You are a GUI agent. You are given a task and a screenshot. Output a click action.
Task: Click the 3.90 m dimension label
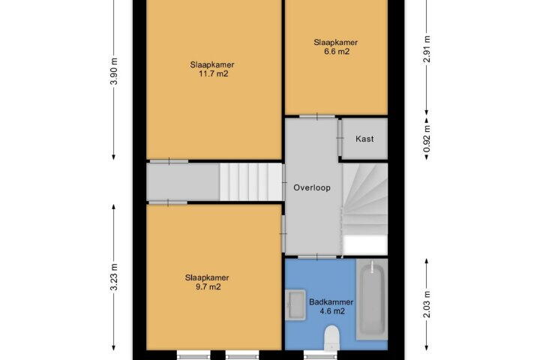pyautogui.click(x=115, y=72)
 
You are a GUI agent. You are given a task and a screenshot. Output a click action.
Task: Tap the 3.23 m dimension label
pyautogui.click(x=115, y=277)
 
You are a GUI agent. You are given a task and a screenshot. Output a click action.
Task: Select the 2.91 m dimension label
pyautogui.click(x=427, y=49)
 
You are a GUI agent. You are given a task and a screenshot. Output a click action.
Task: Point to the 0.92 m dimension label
pyautogui.click(x=427, y=139)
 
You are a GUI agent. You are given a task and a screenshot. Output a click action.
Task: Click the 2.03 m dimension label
pyautogui.click(x=427, y=304)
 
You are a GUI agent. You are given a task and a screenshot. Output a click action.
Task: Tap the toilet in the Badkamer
pyautogui.click(x=333, y=338)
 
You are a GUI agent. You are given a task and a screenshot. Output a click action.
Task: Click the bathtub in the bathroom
pyautogui.click(x=372, y=299)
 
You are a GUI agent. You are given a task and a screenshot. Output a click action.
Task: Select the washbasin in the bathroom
pyautogui.click(x=295, y=305)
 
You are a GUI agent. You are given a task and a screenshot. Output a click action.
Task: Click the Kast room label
pyautogui.click(x=364, y=139)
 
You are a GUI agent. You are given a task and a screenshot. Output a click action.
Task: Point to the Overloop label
pyautogui.click(x=312, y=187)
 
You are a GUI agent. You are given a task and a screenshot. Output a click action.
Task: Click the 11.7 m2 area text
pyautogui.click(x=214, y=73)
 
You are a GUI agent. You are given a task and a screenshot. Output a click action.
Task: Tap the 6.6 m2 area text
pyautogui.click(x=337, y=52)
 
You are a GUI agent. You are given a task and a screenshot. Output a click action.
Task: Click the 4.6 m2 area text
pyautogui.click(x=332, y=311)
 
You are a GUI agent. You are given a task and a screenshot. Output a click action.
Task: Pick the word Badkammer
pyautogui.click(x=331, y=302)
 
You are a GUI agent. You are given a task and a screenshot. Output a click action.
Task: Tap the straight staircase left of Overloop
pyautogui.click(x=251, y=182)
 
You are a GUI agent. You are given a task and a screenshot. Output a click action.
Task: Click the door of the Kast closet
pyautogui.click(x=340, y=138)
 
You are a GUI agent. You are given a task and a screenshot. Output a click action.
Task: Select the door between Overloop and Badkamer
pyautogui.click(x=317, y=257)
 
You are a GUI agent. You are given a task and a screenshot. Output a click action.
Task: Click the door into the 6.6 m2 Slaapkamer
pyautogui.click(x=317, y=116)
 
